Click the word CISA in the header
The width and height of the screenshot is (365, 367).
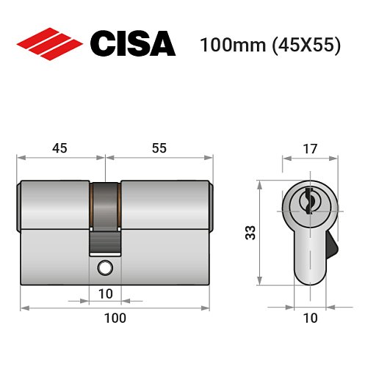pos(133,43)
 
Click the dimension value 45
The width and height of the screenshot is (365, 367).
pos(59,148)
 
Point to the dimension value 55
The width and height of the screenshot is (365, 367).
pos(159,148)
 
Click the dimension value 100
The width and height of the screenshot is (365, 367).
pos(115,319)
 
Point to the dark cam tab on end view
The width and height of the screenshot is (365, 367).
pos(333,244)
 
